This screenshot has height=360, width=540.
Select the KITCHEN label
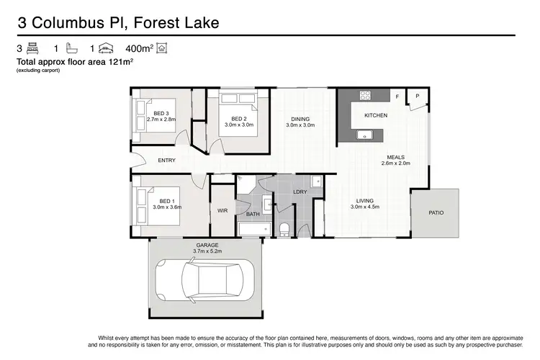tap(375, 115)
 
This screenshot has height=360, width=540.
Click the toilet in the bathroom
tap(285, 229)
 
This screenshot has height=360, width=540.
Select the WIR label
tap(222, 211)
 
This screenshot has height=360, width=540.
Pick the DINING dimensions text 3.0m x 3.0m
tap(300, 126)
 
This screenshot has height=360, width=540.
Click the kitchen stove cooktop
tap(364, 95)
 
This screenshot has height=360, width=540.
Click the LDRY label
tap(300, 192)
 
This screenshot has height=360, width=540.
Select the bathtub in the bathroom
tap(253, 229)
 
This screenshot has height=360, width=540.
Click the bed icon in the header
tap(32, 49)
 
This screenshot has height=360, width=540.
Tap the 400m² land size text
tap(139, 49)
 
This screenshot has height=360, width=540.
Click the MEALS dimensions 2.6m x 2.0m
tap(395, 163)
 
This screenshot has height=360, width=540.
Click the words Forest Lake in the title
tap(173, 24)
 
